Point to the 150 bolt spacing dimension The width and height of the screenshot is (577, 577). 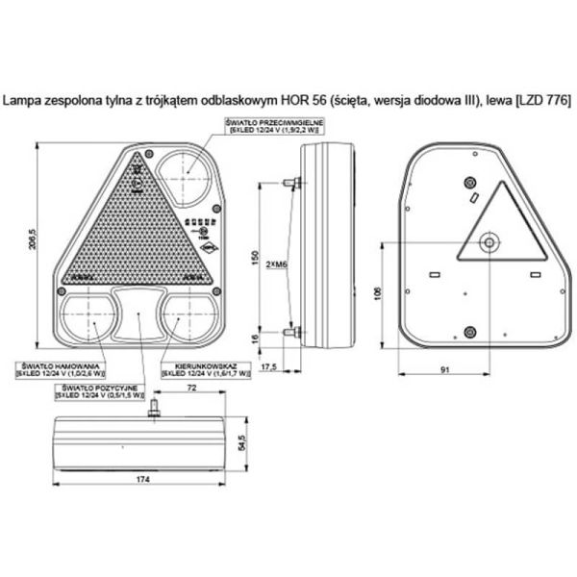[256, 261]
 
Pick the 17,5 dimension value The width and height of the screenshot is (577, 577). [268, 367]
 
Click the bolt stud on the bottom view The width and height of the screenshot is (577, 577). [152, 411]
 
